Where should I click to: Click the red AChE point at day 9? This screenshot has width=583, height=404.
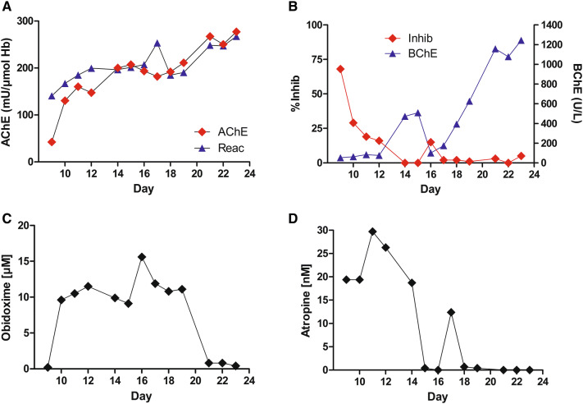pyautogui.click(x=52, y=142)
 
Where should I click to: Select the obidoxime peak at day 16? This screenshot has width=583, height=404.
pyautogui.click(x=143, y=257)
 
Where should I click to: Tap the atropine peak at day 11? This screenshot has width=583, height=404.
pyautogui.click(x=372, y=232)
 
